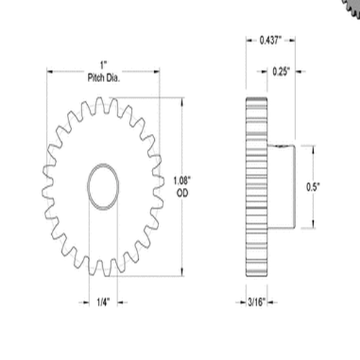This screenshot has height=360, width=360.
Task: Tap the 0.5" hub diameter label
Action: [314, 186]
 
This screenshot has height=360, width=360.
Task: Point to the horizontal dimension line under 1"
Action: [72, 71]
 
